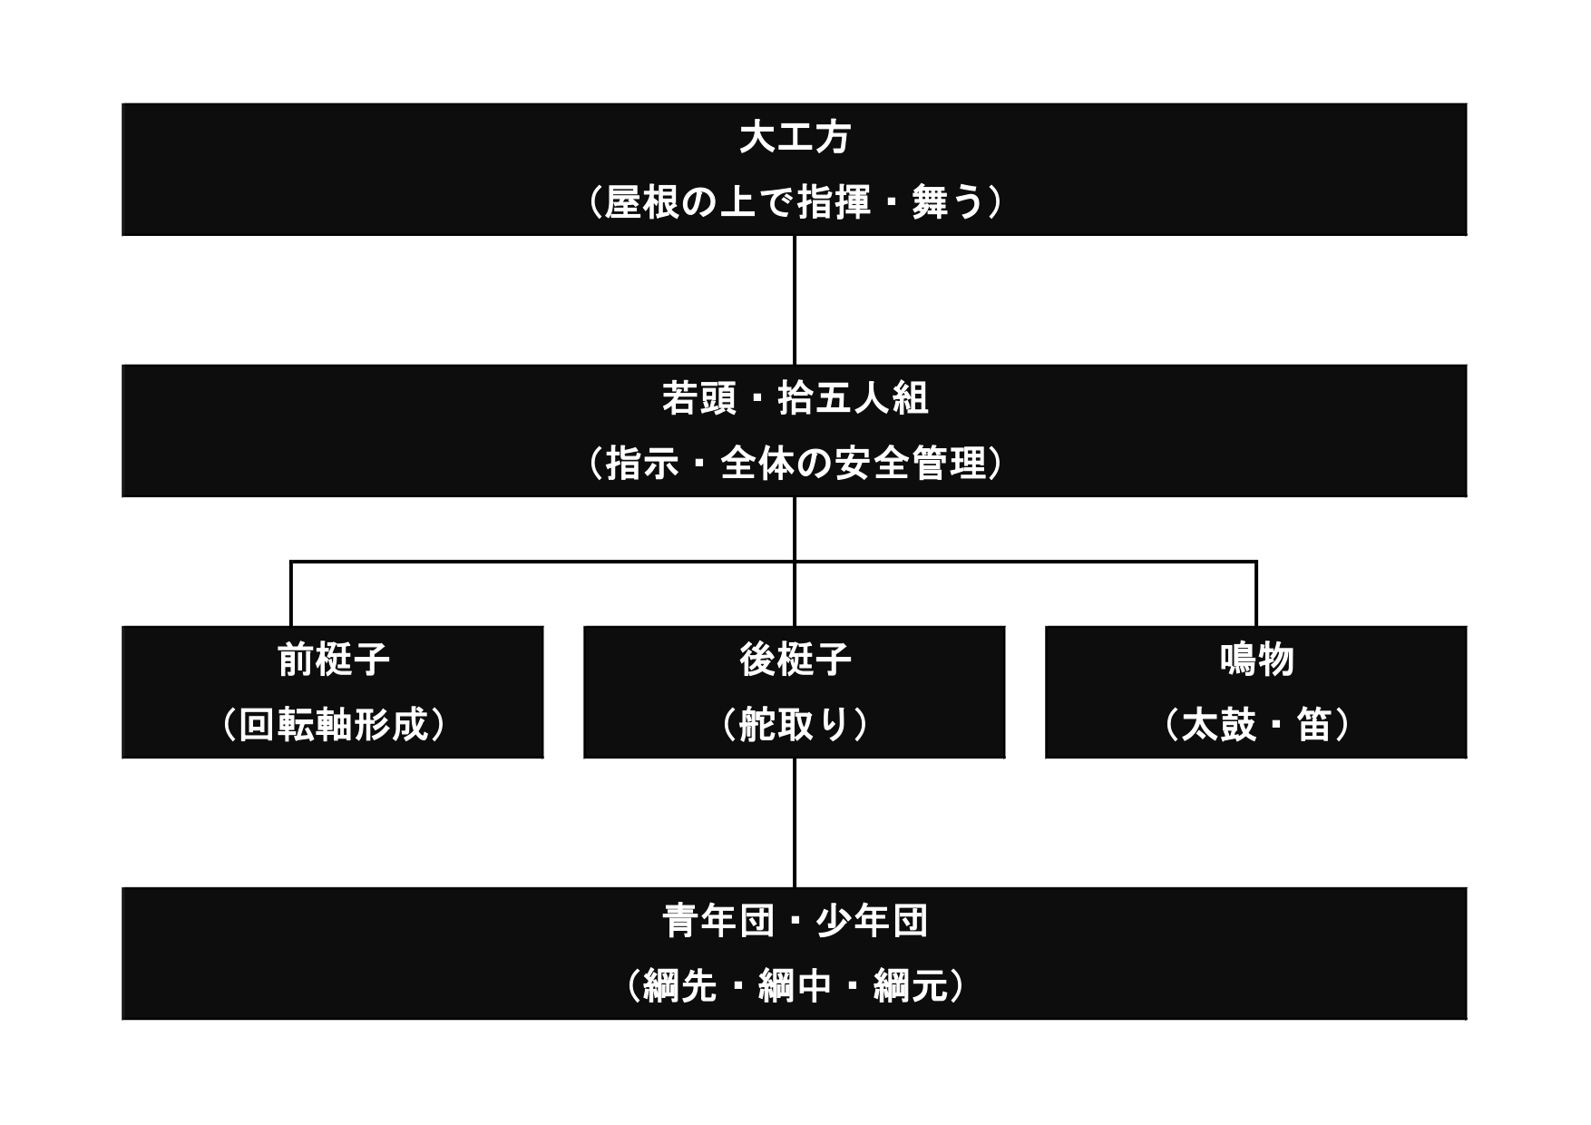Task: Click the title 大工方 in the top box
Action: click(x=795, y=138)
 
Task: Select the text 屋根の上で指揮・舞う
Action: click(x=795, y=202)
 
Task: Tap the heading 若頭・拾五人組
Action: click(x=795, y=398)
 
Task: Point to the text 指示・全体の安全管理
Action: click(x=795, y=464)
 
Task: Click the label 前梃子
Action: click(x=333, y=660)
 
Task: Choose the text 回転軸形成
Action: click(x=333, y=725)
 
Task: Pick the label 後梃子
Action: click(x=795, y=660)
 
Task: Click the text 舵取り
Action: click(x=795, y=725)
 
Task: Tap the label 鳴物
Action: click(x=1256, y=660)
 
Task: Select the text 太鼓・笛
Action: click(x=1256, y=725)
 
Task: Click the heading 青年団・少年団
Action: click(x=795, y=921)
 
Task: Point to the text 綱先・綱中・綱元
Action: click(x=795, y=986)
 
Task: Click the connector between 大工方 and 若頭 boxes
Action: click(x=795, y=300)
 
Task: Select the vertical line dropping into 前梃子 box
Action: click(x=291, y=594)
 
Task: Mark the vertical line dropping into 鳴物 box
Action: click(x=1256, y=594)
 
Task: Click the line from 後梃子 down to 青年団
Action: click(x=795, y=823)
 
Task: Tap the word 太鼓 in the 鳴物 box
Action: click(x=1218, y=725)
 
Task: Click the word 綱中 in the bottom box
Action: click(x=795, y=986)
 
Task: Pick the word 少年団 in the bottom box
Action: click(x=872, y=921)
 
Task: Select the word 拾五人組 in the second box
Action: click(x=853, y=398)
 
